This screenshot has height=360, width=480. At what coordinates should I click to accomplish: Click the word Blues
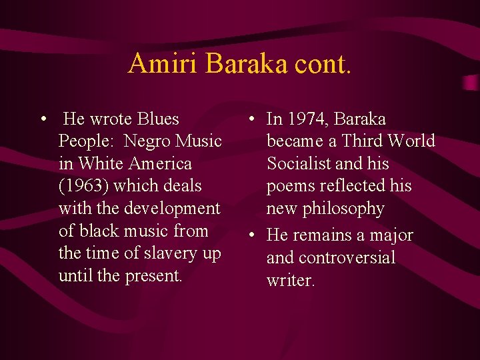point(159,119)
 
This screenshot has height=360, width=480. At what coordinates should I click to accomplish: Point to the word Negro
point(149,141)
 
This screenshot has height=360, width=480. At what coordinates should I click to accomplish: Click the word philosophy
point(345,209)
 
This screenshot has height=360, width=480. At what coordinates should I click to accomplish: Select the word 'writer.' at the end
point(291,280)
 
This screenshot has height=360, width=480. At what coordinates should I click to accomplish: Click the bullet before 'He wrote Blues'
point(43,119)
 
